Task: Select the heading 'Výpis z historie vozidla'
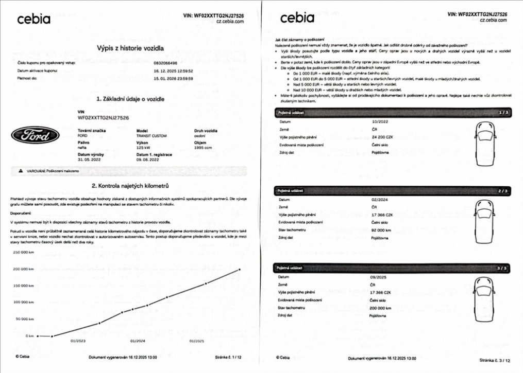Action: (130, 48)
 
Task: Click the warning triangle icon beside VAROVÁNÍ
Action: (21, 170)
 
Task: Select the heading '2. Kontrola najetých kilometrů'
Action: (130, 185)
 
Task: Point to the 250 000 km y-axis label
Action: (23, 252)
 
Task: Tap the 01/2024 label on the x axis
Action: (138, 341)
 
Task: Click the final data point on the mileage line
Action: (239, 270)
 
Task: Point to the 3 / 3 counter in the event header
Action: (502, 268)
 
